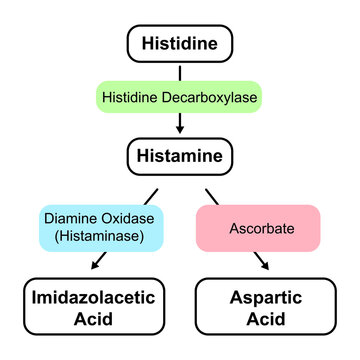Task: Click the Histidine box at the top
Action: pyautogui.click(x=179, y=43)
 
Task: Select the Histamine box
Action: pyautogui.click(x=179, y=155)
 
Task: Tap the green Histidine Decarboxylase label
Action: pyautogui.click(x=179, y=99)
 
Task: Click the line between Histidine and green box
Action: pyautogui.click(x=179, y=72)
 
